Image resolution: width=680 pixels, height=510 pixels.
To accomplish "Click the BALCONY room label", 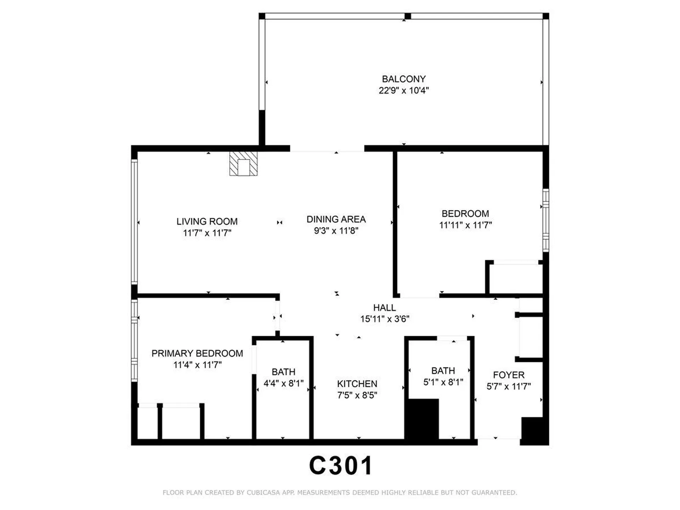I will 403,79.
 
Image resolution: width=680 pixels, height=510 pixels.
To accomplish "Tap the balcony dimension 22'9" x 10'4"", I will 403,91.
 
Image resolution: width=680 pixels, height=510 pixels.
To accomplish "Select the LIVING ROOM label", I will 207,222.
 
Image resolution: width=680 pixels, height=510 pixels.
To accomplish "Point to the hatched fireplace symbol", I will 243,164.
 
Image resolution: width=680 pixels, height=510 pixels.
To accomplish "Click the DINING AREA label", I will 336,220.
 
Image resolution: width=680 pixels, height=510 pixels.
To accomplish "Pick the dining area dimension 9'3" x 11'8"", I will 336,231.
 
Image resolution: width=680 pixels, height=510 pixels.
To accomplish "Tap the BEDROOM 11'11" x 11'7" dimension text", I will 465,225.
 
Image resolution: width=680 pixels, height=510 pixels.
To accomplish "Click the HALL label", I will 384,308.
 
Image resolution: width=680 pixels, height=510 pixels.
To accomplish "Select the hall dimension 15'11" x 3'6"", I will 385,319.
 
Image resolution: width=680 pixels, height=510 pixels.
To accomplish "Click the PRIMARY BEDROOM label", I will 197,353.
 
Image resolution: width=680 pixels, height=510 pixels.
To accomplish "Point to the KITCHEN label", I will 357,384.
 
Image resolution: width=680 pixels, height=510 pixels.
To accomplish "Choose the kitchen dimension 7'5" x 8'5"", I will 357,395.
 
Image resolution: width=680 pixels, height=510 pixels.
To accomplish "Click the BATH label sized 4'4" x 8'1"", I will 283,372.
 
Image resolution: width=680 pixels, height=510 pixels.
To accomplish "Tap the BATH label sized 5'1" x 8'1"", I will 443,371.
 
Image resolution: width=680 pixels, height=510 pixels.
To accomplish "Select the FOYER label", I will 509,375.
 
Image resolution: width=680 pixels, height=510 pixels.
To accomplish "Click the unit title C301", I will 340,465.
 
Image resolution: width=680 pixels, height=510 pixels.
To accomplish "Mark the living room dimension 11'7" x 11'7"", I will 207,233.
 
